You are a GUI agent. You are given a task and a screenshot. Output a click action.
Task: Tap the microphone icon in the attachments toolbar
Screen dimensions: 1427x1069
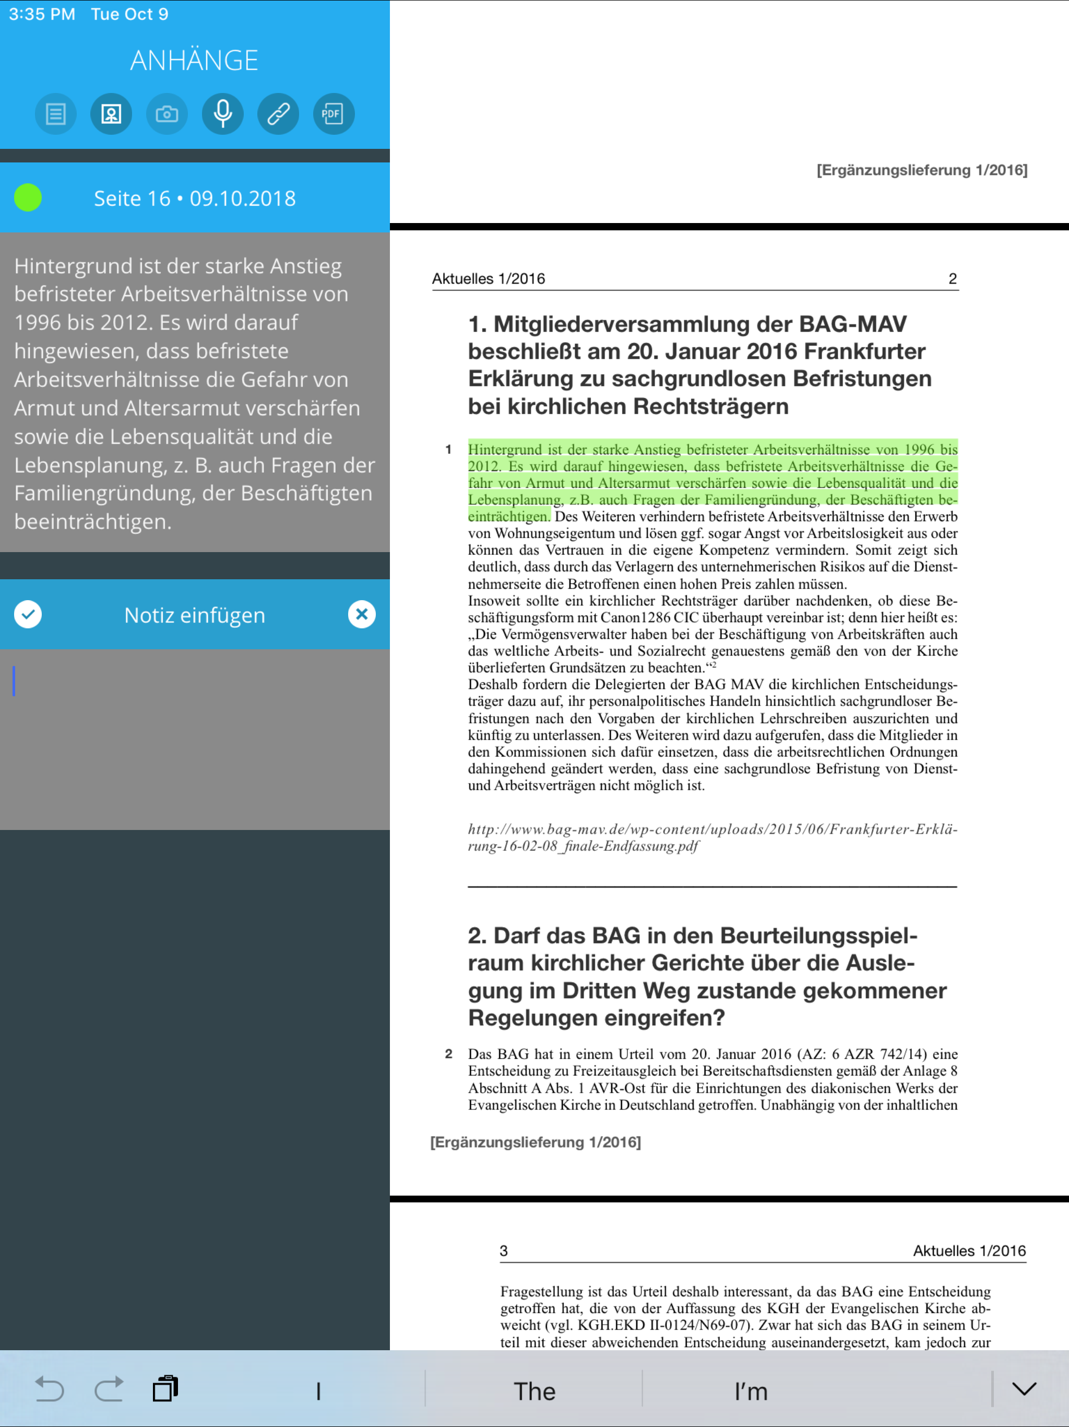222,114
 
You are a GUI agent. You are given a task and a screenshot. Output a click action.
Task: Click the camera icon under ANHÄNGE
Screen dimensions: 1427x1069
167,114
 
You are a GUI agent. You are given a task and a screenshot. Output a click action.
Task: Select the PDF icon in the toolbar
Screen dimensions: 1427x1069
334,114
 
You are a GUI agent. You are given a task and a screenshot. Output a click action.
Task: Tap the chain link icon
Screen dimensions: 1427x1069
278,114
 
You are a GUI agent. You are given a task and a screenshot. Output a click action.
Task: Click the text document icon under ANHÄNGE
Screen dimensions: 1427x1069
56,114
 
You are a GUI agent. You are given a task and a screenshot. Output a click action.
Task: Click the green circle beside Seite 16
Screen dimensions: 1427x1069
28,197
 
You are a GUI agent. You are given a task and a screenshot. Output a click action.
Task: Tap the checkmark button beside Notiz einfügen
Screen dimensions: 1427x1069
28,614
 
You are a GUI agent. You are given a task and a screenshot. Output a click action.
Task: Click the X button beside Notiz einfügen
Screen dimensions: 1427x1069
362,614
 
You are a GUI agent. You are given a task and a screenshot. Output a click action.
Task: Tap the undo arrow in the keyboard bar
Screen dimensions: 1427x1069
49,1389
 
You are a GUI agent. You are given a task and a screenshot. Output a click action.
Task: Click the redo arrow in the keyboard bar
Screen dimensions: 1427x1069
109,1389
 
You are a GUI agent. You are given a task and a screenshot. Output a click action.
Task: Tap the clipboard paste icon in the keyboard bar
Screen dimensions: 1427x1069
165,1389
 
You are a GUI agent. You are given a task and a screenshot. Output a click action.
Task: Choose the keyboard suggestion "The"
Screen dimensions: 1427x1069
534,1391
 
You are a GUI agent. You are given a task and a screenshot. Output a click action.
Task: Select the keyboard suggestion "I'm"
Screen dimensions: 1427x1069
751,1391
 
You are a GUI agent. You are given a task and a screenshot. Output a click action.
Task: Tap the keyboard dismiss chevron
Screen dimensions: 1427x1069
1024,1389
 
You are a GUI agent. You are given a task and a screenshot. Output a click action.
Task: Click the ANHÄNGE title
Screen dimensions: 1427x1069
194,61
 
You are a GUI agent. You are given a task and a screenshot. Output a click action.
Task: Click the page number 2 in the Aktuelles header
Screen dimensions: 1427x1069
952,279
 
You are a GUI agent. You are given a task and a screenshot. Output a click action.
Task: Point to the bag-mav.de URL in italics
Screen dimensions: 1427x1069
712,837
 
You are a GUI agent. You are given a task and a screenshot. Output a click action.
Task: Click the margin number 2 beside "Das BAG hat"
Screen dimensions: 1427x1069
448,1054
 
